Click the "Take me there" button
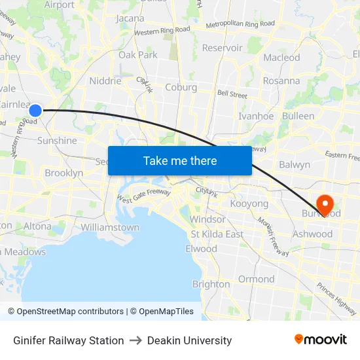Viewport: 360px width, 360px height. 180,160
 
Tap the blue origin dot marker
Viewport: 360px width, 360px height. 36,111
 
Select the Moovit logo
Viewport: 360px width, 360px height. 321,340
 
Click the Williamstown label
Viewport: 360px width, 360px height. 110,227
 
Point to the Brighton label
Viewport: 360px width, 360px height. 211,284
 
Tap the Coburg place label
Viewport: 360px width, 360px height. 181,87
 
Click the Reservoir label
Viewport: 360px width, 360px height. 223,48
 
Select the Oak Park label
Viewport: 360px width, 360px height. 138,55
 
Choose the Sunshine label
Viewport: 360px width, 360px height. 57,140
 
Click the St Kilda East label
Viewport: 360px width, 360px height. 217,234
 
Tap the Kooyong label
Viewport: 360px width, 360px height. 249,204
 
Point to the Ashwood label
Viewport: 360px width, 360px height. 313,234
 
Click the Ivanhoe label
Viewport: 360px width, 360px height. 256,116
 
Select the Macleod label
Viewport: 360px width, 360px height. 281,58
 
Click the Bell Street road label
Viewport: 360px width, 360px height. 232,95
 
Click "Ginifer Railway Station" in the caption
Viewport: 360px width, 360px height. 69,340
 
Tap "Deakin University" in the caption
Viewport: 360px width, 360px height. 189,340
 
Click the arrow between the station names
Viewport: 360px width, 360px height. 135,340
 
